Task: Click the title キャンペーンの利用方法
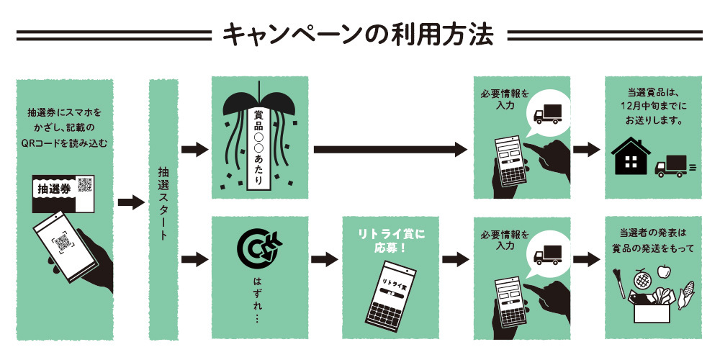358,34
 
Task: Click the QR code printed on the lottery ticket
85,184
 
